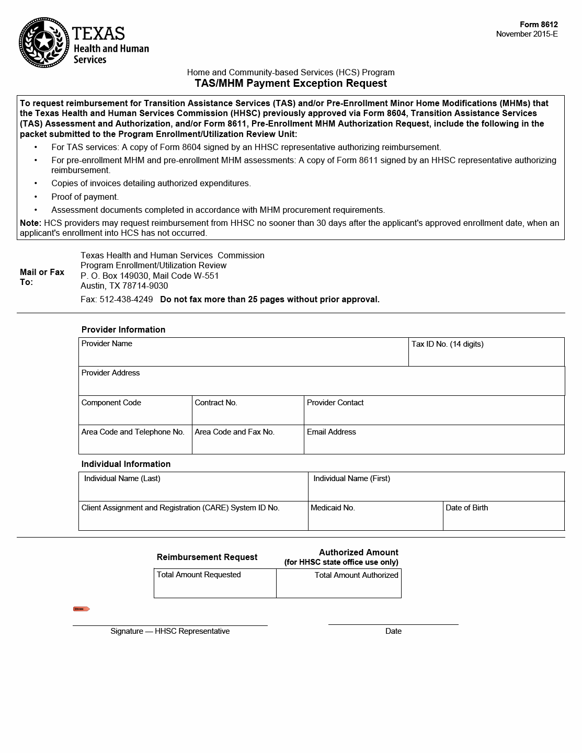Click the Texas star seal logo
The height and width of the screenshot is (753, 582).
pos(44,42)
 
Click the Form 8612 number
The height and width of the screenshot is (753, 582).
pos(539,25)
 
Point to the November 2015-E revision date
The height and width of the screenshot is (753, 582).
pos(527,34)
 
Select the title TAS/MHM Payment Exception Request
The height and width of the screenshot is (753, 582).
pos(291,84)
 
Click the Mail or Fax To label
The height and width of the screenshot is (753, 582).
pos(42,277)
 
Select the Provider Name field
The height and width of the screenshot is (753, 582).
pos(243,356)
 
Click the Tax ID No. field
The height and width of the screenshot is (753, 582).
pos(486,356)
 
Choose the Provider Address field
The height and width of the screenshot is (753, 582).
pos(321,385)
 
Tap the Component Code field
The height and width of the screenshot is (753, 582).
pos(135,414)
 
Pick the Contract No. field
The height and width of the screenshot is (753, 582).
pos(248,414)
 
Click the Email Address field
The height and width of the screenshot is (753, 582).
pos(434,443)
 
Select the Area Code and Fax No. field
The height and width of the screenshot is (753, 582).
pos(248,443)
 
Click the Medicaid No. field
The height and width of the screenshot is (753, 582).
pos(375,520)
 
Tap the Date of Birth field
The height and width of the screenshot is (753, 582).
pos(504,520)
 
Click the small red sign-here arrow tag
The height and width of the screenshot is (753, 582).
pos(82,609)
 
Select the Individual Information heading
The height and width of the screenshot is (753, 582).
pos(126,464)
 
